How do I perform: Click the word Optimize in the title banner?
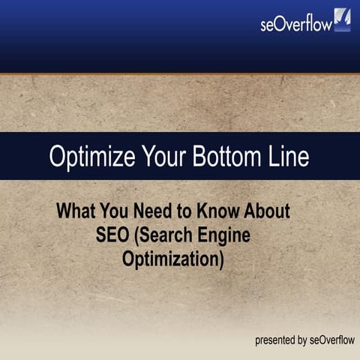pyautogui.click(x=85, y=157)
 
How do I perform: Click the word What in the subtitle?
pyautogui.click(x=78, y=211)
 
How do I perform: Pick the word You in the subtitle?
pyautogui.click(x=121, y=211)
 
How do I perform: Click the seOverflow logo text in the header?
pyautogui.click(x=296, y=23)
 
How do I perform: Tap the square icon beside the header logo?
pyautogui.click(x=342, y=20)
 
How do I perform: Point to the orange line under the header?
pyautogui.click(x=180, y=73)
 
